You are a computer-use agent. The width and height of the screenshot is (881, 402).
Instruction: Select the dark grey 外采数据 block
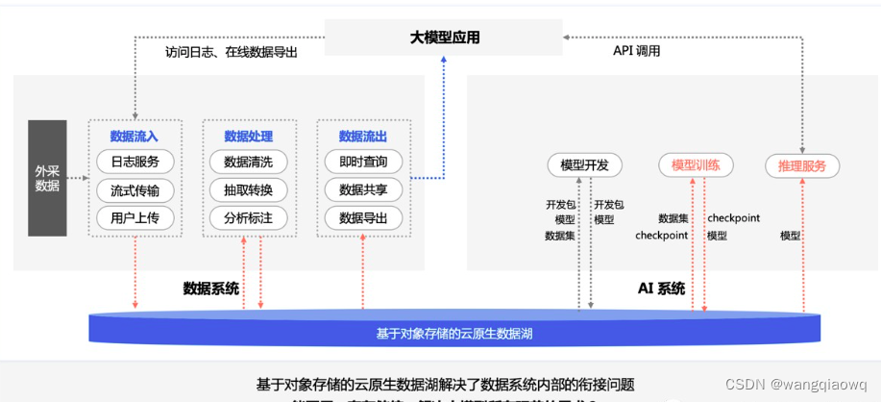[47, 178]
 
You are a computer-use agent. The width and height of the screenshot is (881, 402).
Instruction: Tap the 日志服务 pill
[135, 162]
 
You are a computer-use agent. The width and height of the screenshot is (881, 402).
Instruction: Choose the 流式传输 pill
[135, 189]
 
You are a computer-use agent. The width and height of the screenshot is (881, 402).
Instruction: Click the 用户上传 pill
[135, 218]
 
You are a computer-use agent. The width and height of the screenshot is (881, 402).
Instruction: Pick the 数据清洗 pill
[248, 162]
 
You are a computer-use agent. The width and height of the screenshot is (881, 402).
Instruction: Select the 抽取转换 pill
[248, 189]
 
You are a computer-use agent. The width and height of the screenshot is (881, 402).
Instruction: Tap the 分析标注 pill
[248, 218]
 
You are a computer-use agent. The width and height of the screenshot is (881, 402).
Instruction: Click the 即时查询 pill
[363, 162]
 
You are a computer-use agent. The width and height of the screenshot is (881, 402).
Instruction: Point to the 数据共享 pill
[363, 189]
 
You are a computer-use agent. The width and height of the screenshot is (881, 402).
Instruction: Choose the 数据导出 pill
[363, 218]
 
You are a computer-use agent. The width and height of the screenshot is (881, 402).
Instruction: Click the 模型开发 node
[584, 165]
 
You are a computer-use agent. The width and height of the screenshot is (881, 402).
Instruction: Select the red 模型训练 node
[697, 165]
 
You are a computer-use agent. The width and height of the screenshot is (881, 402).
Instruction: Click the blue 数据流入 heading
[135, 137]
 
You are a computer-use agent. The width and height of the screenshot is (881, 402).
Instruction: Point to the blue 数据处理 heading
[248, 137]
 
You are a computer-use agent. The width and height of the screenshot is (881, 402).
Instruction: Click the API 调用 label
[636, 51]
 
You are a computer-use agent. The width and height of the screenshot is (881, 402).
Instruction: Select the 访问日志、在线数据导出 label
[232, 53]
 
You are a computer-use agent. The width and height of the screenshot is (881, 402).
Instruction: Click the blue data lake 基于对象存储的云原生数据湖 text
[456, 334]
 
